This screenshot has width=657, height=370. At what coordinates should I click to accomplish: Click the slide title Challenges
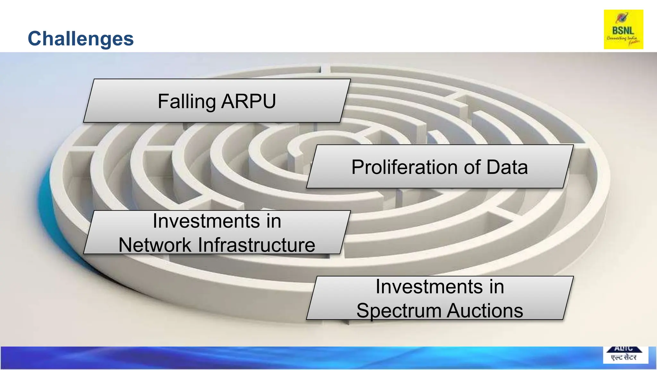click(x=81, y=39)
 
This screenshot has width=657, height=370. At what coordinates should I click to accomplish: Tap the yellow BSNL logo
click(x=623, y=29)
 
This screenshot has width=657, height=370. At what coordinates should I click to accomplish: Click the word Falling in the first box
click(x=186, y=101)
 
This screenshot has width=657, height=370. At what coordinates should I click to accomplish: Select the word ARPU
click(x=248, y=101)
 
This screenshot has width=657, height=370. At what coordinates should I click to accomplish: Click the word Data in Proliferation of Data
click(x=507, y=167)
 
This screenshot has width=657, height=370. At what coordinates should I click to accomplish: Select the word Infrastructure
click(x=256, y=245)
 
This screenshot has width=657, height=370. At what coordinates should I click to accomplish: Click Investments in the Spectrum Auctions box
click(x=429, y=286)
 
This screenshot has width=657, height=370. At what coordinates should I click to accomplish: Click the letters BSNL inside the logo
click(x=623, y=31)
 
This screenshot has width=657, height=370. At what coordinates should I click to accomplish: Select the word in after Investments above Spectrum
click(x=497, y=286)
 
